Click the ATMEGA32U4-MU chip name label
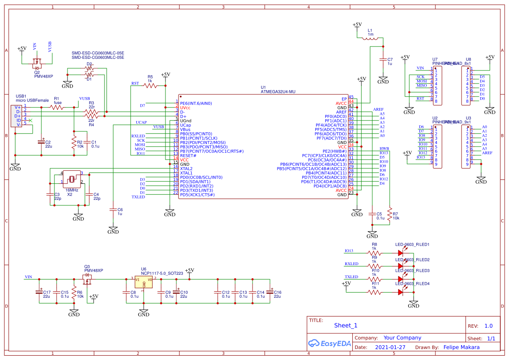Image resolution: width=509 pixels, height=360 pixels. pyautogui.click(x=278, y=92)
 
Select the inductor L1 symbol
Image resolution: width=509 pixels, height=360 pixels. pyautogui.click(x=371, y=39)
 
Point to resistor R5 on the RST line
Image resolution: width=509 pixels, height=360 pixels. pyautogui.click(x=150, y=86)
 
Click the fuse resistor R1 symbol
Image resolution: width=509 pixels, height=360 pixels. pyautogui.click(x=56, y=107)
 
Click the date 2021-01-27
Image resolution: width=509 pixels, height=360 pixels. pyautogui.click(x=390, y=347)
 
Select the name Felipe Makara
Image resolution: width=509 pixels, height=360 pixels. pyautogui.click(x=461, y=347)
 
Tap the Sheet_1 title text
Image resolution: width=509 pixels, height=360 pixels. pyautogui.click(x=345, y=326)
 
